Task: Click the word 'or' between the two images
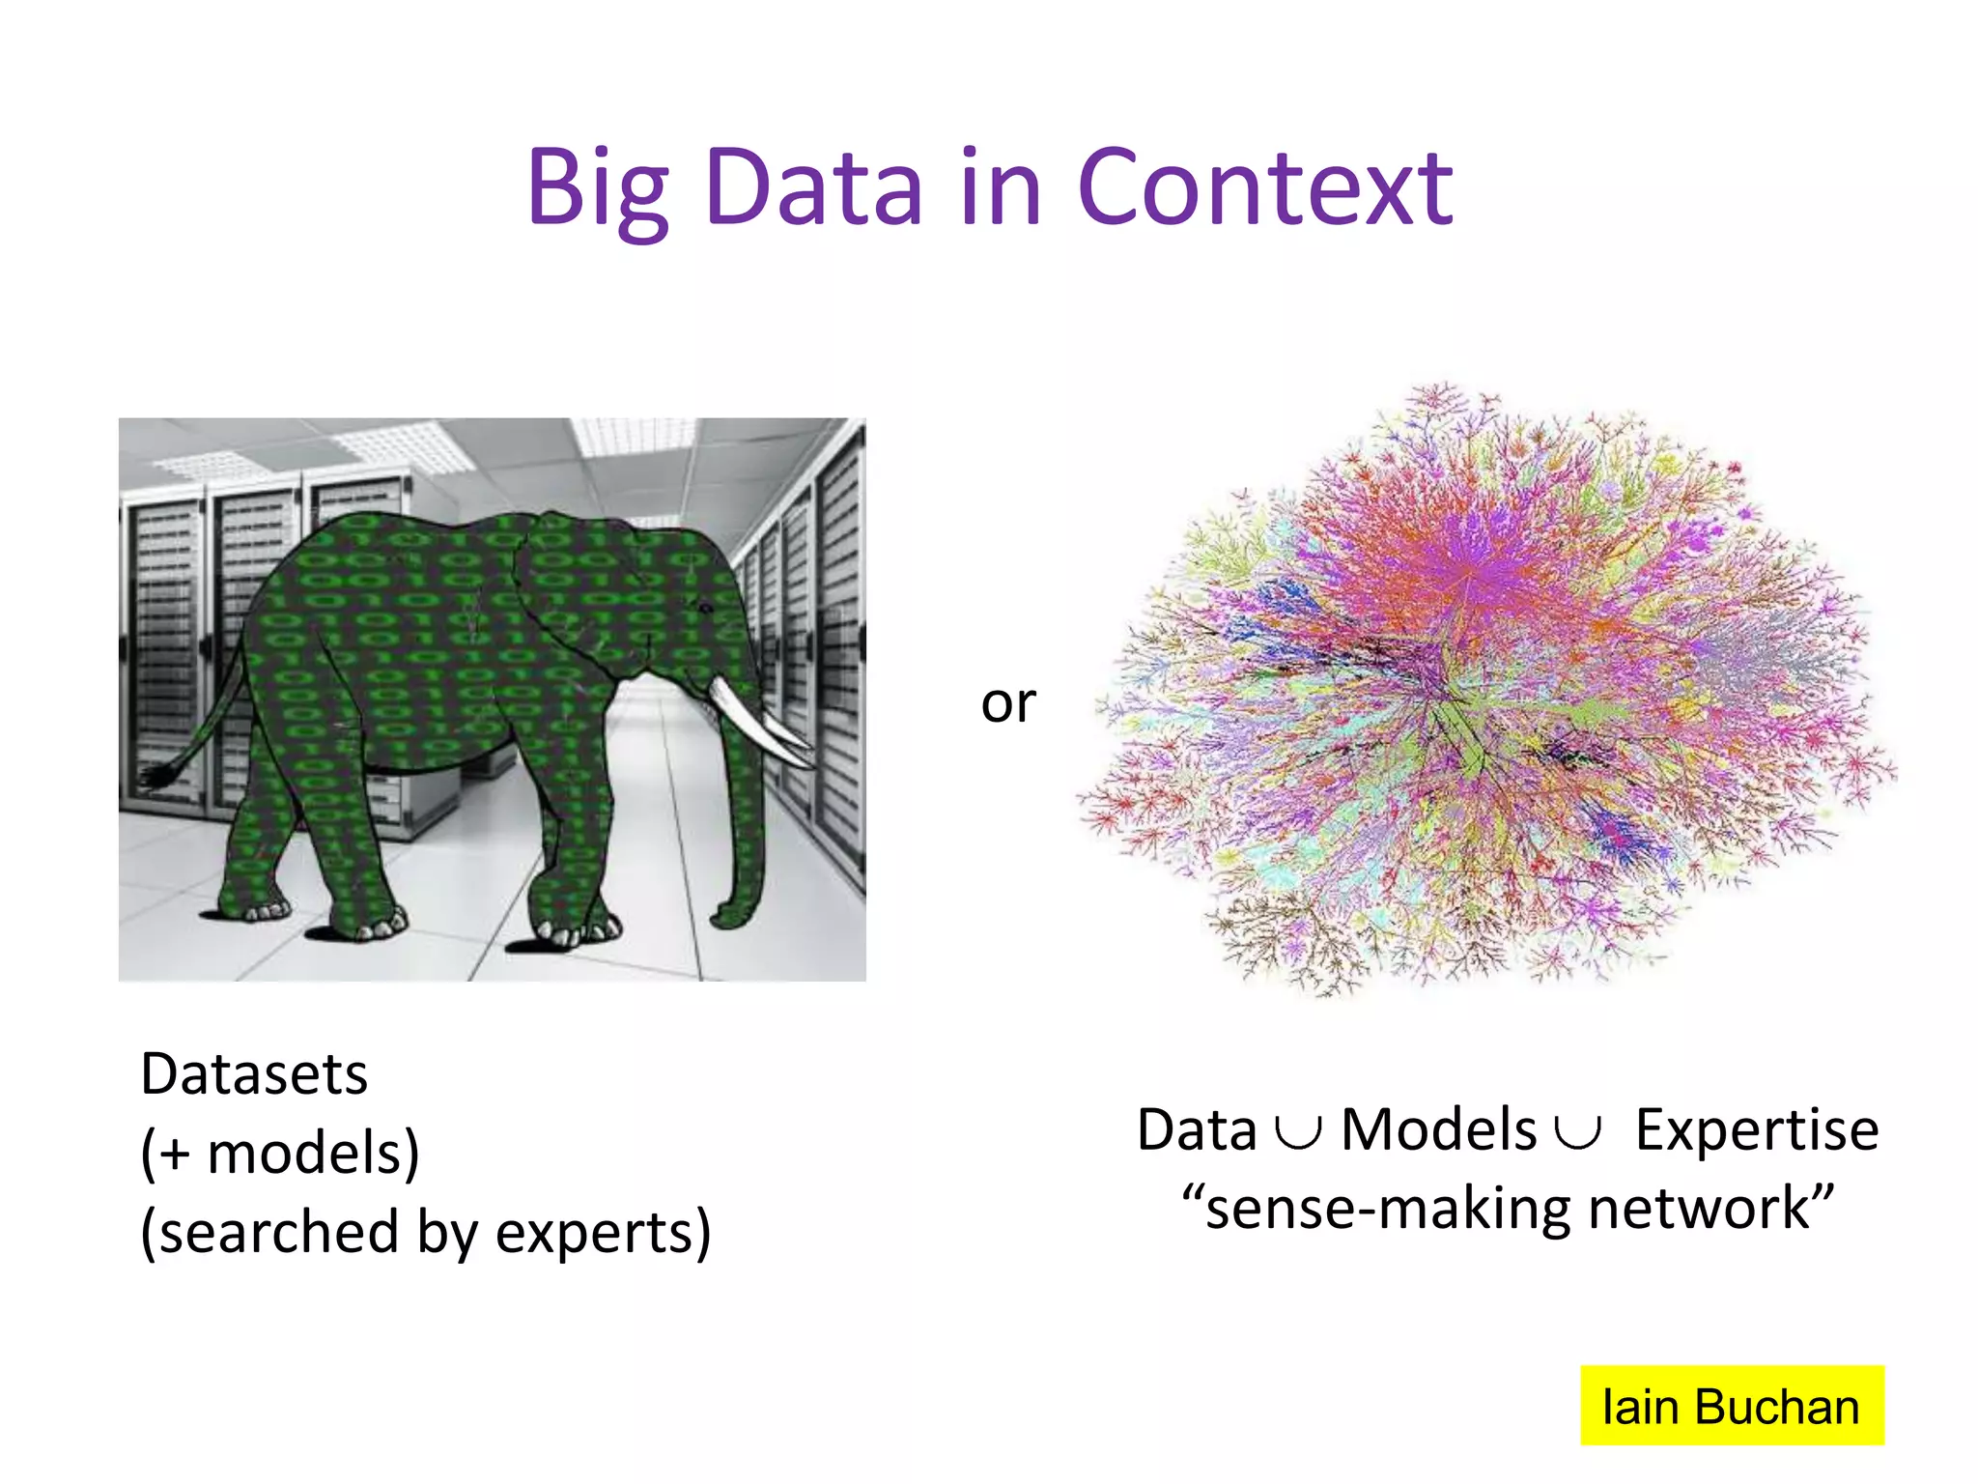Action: pos(1008,702)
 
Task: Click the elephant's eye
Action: pos(706,608)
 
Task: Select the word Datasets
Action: pos(254,1073)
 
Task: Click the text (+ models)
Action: pos(280,1153)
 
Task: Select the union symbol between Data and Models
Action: pos(1298,1132)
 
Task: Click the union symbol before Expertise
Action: pos(1578,1132)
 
